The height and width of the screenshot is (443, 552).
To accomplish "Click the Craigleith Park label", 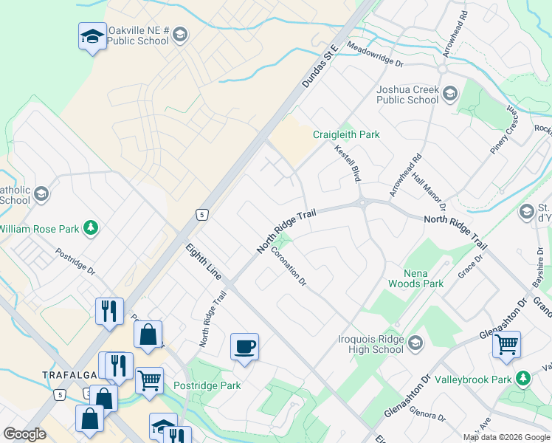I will [x=345, y=135].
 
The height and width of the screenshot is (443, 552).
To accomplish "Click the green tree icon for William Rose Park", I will [x=91, y=228].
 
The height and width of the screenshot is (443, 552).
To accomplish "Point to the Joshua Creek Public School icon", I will [x=450, y=94].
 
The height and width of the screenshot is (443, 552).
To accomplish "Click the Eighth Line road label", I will [x=203, y=261].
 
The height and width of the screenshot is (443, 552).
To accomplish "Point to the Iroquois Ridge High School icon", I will [x=415, y=342].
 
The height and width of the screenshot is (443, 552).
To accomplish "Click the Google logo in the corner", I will [x=24, y=434].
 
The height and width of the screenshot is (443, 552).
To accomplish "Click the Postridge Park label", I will [x=207, y=385].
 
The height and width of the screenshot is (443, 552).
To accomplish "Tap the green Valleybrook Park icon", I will [x=523, y=379].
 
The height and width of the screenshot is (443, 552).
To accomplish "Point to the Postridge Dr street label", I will [x=75, y=261].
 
